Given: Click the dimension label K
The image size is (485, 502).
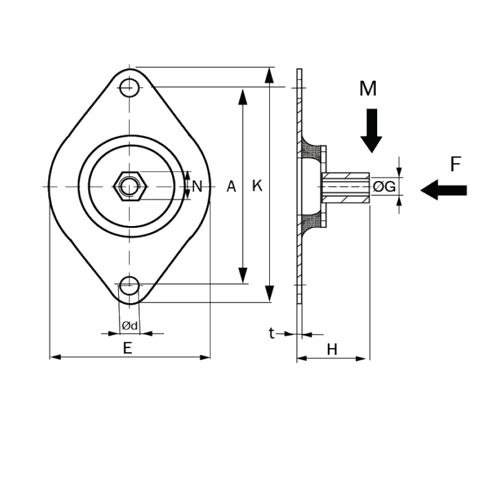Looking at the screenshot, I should pyautogui.click(x=257, y=185).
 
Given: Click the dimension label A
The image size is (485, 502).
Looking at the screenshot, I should pyautogui.click(x=231, y=186).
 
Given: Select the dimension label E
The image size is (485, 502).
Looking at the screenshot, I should pyautogui.click(x=127, y=348).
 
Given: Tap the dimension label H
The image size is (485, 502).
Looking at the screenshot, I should pyautogui.click(x=332, y=349).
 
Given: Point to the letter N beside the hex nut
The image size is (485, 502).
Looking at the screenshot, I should pyautogui.click(x=197, y=186).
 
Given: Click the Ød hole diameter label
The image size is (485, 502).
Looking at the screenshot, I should pyautogui.click(x=129, y=325).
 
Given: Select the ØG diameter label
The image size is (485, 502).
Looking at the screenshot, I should pyautogui.click(x=385, y=186).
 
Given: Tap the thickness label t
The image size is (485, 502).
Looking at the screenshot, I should pyautogui.click(x=271, y=333).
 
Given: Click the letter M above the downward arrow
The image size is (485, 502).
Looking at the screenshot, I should pyautogui.click(x=368, y=89).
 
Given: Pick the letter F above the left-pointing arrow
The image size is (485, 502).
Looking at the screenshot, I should pyautogui.click(x=455, y=164).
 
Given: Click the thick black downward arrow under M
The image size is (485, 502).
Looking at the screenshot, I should pyautogui.click(x=371, y=131).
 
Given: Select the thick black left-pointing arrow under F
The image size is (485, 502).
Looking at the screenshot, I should pyautogui.click(x=443, y=190).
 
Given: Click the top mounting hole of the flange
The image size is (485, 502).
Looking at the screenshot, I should pyautogui.click(x=129, y=87).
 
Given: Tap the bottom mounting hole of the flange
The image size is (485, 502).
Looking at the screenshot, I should pyautogui.click(x=129, y=285).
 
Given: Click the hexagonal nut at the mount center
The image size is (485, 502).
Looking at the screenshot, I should pyautogui.click(x=129, y=185).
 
